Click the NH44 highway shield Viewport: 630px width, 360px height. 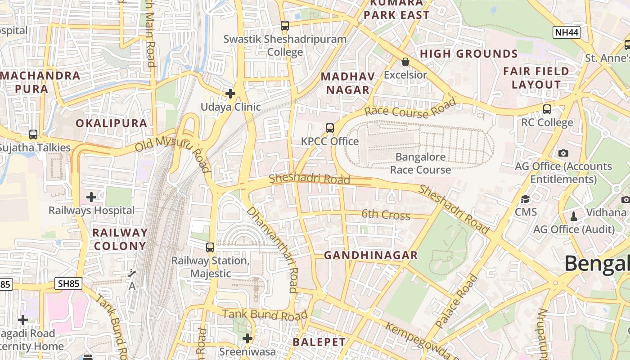567,32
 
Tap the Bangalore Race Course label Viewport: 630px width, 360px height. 420,163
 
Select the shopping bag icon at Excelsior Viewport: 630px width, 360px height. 405,62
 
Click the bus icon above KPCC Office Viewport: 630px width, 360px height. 330,128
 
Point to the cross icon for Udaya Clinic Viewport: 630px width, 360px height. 230,94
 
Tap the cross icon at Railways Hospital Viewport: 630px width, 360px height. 91,197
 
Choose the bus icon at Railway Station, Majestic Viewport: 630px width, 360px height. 210,247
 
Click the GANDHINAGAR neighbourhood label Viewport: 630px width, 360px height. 371,256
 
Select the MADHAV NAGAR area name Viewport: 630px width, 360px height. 347,83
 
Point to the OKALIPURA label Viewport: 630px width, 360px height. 111,123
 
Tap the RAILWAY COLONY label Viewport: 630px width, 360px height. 120,239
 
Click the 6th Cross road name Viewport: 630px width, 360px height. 386,215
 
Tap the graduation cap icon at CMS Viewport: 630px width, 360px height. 525,199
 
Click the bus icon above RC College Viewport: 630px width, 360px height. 547,109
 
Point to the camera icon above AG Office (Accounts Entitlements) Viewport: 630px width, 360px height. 563,153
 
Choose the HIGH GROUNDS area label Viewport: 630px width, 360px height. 469,54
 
